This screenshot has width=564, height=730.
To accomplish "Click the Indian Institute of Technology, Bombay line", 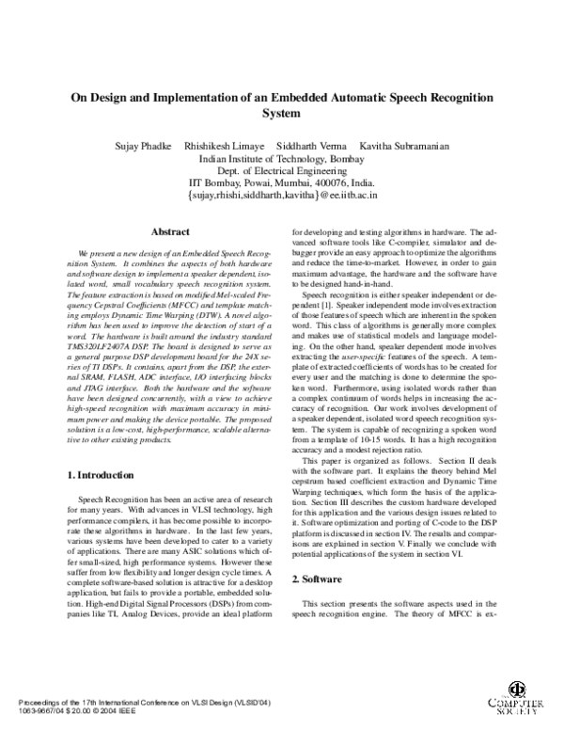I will [x=282, y=159].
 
